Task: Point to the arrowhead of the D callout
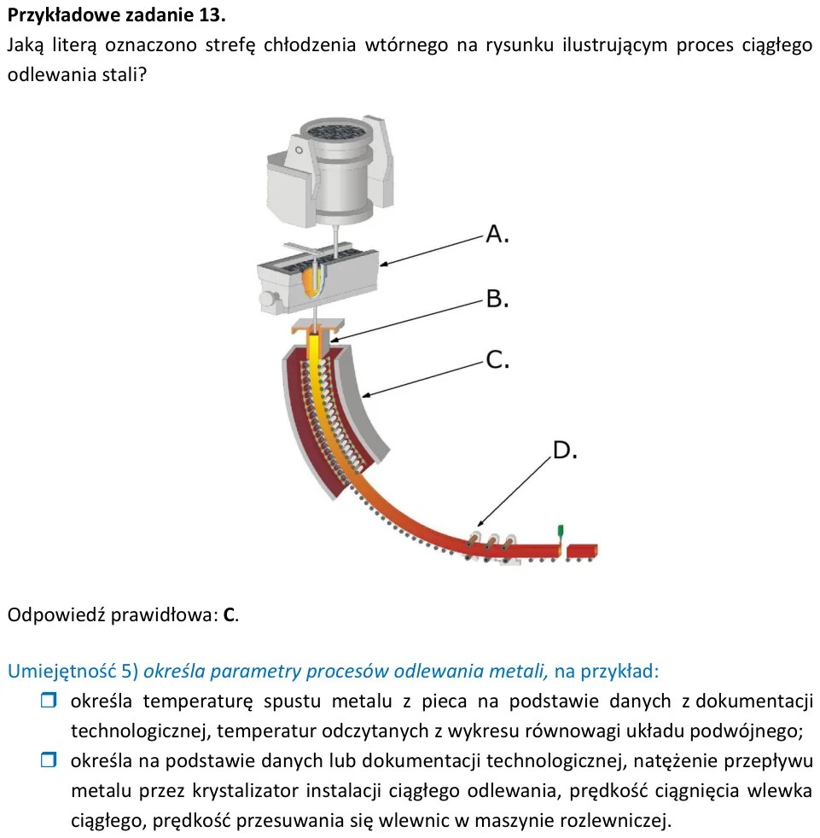tap(480, 524)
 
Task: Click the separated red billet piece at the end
tap(582, 551)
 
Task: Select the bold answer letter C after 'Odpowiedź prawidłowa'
tap(229, 615)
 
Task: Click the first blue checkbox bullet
tap(49, 700)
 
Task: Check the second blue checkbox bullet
tap(49, 759)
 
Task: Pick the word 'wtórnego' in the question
tap(406, 45)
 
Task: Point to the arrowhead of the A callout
tap(384, 264)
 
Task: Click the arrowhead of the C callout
tap(367, 395)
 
